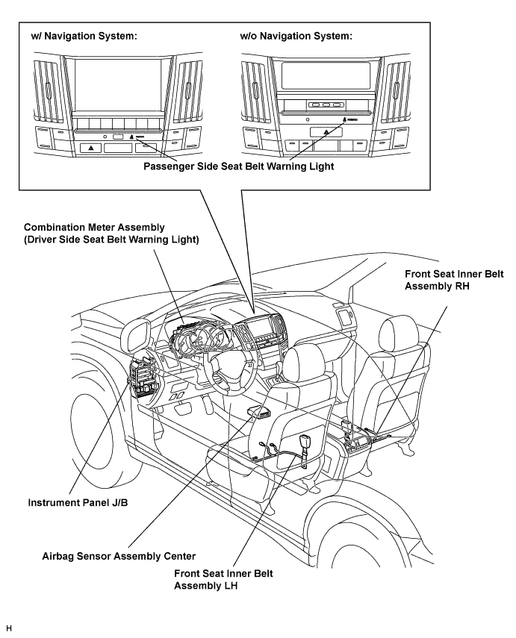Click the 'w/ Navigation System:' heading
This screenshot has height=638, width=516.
(83, 37)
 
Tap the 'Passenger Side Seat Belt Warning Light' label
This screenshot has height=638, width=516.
(238, 166)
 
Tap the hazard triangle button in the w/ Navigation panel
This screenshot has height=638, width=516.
(91, 148)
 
